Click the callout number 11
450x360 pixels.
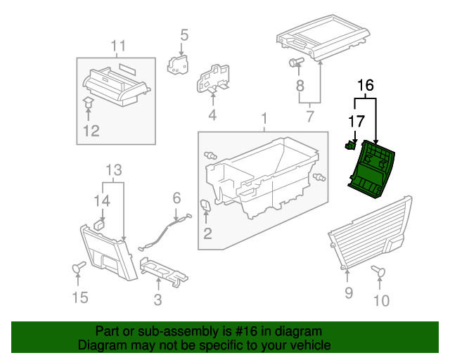pyautogui.click(x=117, y=46)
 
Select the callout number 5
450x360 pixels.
pyautogui.click(x=184, y=34)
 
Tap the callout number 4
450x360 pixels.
pyautogui.click(x=211, y=115)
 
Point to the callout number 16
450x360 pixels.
pyautogui.click(x=365, y=86)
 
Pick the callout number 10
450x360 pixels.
pyautogui.click(x=380, y=302)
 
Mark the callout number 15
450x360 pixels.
pyautogui.click(x=81, y=298)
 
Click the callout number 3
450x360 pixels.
pyautogui.click(x=158, y=300)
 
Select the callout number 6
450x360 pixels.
pyautogui.click(x=176, y=199)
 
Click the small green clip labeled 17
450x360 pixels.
pyautogui.click(x=349, y=146)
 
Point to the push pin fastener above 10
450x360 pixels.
pyautogui.click(x=379, y=271)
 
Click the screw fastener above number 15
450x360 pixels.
pyautogui.click(x=77, y=266)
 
